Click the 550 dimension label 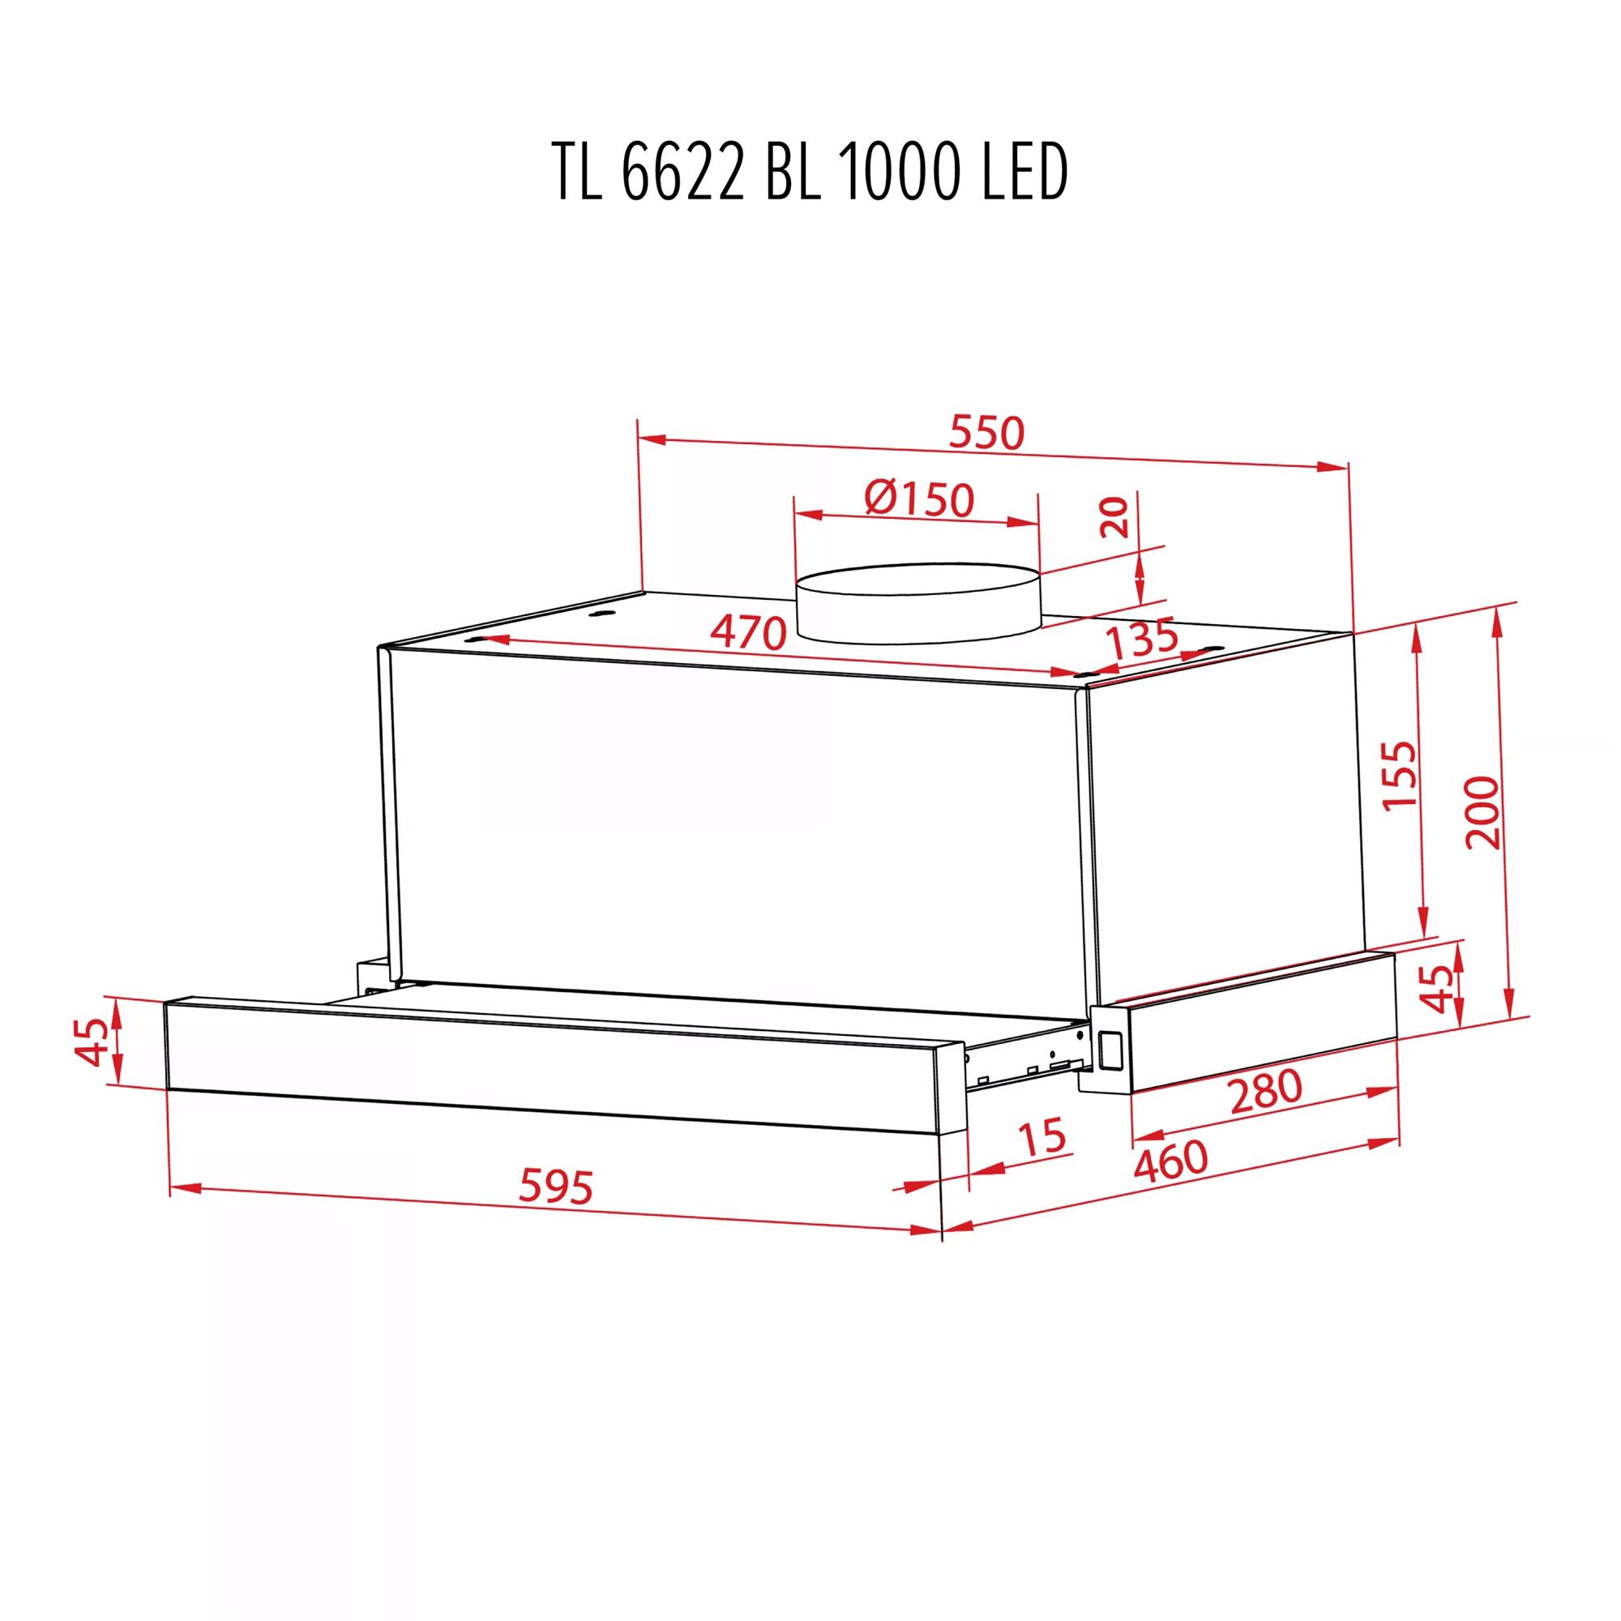tap(986, 433)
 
